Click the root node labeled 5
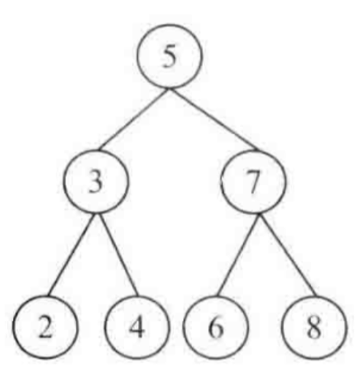click(x=170, y=56)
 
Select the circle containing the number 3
click(x=96, y=182)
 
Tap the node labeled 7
click(x=253, y=182)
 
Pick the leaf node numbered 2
click(x=46, y=327)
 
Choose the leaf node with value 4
click(x=137, y=327)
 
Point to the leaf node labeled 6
click(x=216, y=327)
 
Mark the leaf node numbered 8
click(x=314, y=327)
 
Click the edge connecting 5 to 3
click(x=133, y=119)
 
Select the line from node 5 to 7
click(x=215, y=119)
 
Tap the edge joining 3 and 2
click(x=72, y=255)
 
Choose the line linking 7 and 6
click(x=237, y=255)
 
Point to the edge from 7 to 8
click(x=288, y=255)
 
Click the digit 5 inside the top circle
click(x=170, y=57)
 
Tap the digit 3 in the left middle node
click(x=96, y=182)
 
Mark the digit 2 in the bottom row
click(x=46, y=327)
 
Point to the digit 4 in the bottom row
click(x=137, y=327)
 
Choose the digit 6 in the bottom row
click(x=216, y=328)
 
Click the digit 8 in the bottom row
click(x=314, y=328)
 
